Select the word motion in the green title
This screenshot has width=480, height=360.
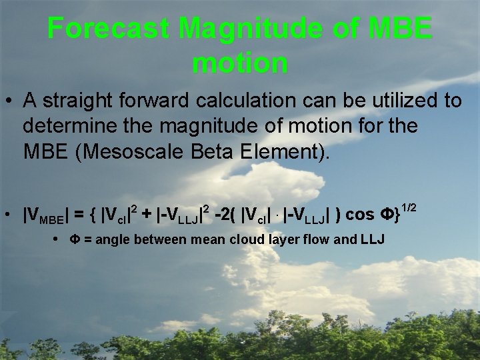(x=240, y=63)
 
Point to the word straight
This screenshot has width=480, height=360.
(x=79, y=101)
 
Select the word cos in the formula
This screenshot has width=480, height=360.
(x=361, y=214)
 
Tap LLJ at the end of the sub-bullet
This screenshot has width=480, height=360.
(x=371, y=240)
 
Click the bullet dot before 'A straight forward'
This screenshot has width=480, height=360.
(x=11, y=101)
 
